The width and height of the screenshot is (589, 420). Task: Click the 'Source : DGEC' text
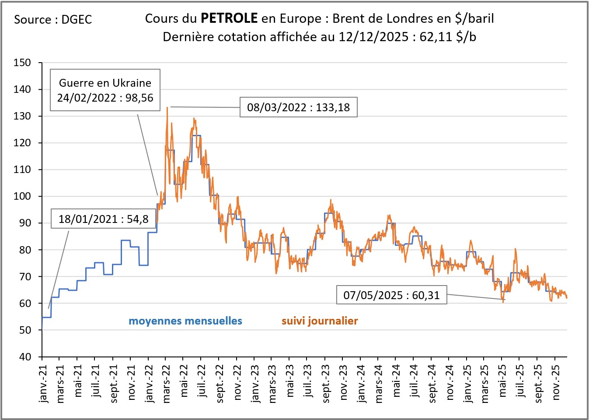53,20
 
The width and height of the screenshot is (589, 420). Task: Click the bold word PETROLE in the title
229,18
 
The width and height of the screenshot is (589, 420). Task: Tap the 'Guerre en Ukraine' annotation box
105,90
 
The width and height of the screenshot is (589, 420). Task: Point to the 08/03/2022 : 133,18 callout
298,107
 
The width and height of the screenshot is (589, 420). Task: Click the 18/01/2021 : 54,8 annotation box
103,219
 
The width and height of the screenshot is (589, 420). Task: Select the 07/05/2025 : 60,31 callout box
391,295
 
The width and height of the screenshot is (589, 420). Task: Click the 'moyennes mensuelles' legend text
185,321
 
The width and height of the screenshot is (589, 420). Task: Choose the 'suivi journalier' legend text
320,321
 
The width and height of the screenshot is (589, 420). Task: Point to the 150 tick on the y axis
22,63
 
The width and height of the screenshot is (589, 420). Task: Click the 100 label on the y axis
22,196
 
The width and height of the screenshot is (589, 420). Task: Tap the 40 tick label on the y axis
25,357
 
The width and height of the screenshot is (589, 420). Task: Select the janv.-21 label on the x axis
43,384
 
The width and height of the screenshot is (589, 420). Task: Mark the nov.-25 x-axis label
556,382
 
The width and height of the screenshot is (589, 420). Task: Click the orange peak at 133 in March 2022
167,107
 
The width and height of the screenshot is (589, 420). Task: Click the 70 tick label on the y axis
25,277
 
